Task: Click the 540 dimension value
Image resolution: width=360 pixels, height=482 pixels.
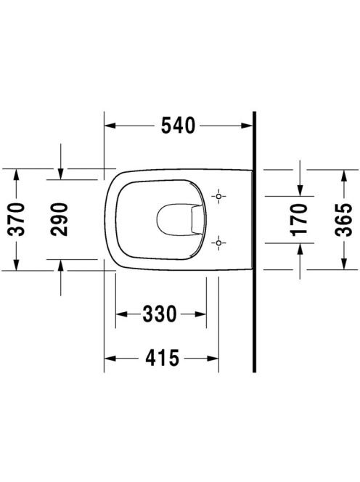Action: [x=178, y=126]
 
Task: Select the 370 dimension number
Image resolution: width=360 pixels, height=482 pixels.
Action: [x=16, y=219]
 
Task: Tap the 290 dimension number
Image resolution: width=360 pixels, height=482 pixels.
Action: [x=60, y=219]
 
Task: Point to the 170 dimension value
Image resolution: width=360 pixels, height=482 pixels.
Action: [x=299, y=219]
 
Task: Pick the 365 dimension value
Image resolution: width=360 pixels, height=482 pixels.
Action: [x=343, y=219]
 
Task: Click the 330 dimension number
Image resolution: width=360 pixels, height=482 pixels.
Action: [x=160, y=314]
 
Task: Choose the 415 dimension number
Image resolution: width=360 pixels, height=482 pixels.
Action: [x=162, y=358]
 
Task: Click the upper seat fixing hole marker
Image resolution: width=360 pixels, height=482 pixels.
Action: [x=218, y=196]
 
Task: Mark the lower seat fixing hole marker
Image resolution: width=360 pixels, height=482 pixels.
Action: [x=218, y=243]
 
